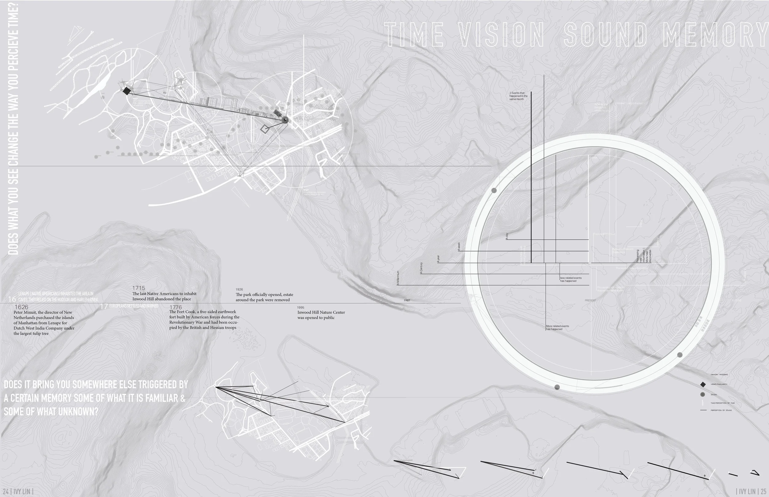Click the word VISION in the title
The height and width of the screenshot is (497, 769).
(x=501, y=34)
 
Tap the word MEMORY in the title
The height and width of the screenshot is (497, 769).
(x=715, y=34)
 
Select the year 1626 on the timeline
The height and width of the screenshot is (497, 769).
(x=21, y=307)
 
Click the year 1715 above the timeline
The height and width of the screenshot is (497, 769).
(x=139, y=288)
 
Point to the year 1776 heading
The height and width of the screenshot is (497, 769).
(x=175, y=307)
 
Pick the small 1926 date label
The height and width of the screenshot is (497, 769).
(x=239, y=289)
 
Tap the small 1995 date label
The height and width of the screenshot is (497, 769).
(x=301, y=307)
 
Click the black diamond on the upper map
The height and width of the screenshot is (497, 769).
(x=127, y=91)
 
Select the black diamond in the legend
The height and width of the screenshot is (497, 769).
(x=703, y=384)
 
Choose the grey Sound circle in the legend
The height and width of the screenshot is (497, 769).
(x=703, y=394)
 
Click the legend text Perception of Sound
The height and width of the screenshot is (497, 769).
(x=721, y=410)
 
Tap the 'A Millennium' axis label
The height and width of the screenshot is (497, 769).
(x=398, y=278)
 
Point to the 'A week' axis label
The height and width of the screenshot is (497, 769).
(x=459, y=246)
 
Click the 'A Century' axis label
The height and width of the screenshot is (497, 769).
(x=421, y=268)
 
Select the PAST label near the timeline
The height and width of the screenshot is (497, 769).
(x=407, y=300)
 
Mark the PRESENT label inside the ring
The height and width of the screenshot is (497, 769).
(x=590, y=300)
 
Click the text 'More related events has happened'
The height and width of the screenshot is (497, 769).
(x=557, y=327)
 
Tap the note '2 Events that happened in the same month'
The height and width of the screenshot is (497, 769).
(x=518, y=96)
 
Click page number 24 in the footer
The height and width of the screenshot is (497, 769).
(x=6, y=491)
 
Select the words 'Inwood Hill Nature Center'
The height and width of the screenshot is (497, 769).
(x=321, y=312)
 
